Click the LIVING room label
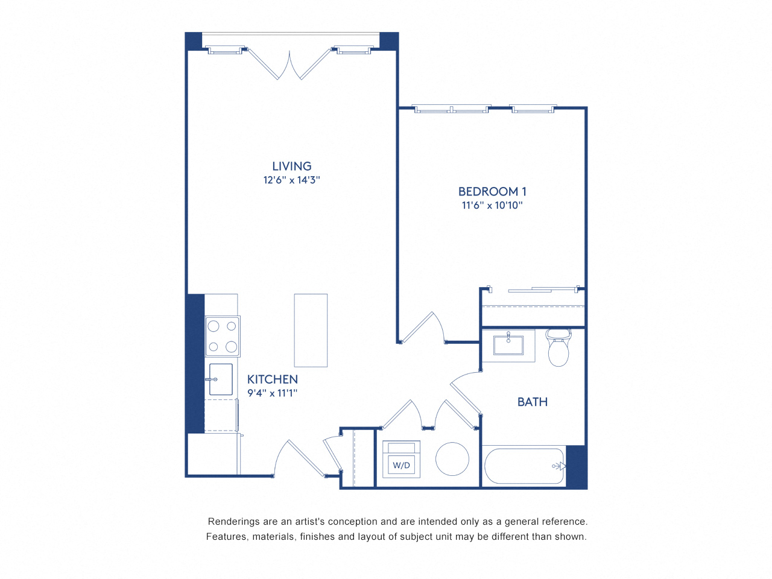pos(291,166)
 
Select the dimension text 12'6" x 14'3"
pos(291,180)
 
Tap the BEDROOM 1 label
pos(492,191)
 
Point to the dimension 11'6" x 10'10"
pos(492,205)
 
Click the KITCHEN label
pos(273,379)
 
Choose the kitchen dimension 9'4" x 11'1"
pos(273,393)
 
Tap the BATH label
pos(533,402)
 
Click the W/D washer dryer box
pos(402,465)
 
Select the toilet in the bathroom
pos(558,349)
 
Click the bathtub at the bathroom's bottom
pos(524,465)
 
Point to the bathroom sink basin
pos(508,346)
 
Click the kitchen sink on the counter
pos(221,379)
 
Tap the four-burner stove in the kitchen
pos(223,336)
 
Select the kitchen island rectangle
pos(311,330)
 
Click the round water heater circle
pos(452,459)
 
